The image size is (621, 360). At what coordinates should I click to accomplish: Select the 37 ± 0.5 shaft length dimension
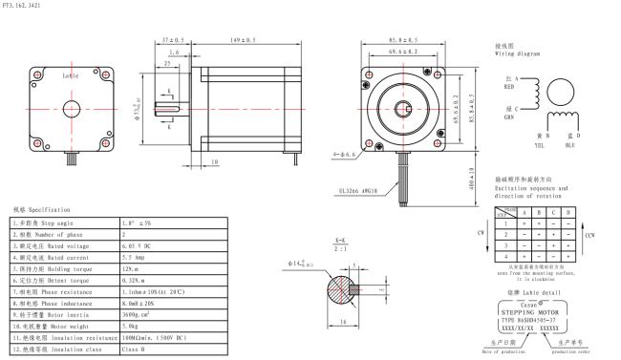tap(172, 40)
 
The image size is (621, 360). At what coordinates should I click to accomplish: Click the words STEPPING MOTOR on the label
tap(532, 309)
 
